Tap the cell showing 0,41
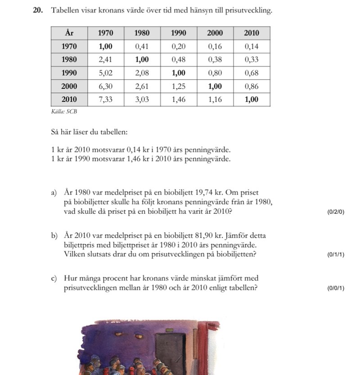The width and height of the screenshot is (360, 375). pos(142,46)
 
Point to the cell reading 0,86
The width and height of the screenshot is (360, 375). pos(252,86)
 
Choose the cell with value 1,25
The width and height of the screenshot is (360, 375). pos(178,86)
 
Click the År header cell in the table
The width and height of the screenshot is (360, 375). pos(69,33)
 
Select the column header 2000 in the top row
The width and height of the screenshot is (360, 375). pos(215,33)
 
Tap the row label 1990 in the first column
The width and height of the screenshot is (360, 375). pos(69,72)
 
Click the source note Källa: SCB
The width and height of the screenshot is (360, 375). pos(62,111)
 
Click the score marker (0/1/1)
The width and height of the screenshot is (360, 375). pos(336,254)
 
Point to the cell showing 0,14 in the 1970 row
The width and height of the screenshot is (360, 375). pos(252,46)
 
